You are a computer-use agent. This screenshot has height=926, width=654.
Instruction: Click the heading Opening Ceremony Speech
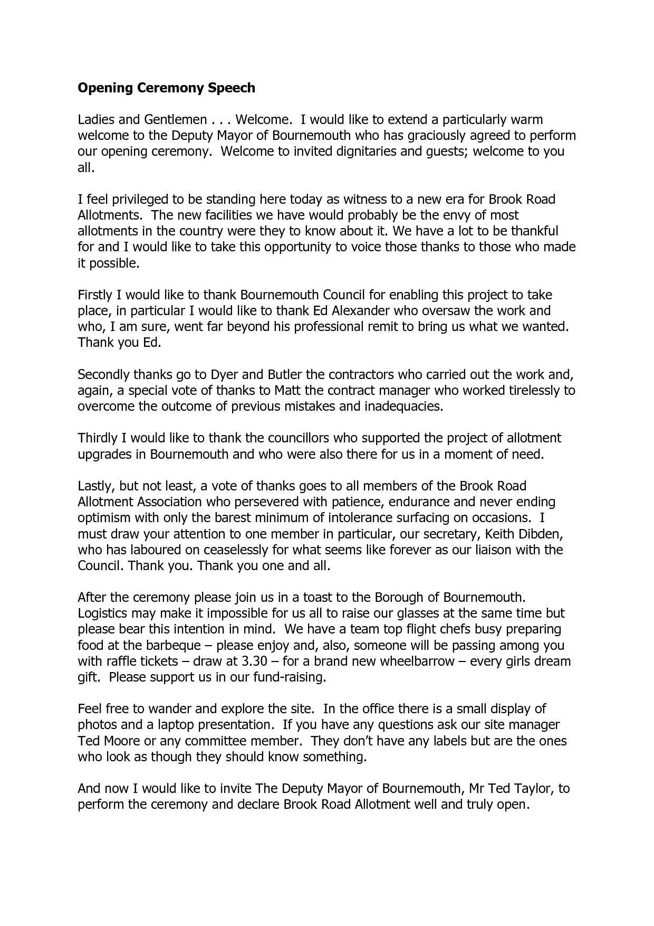point(166,88)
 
